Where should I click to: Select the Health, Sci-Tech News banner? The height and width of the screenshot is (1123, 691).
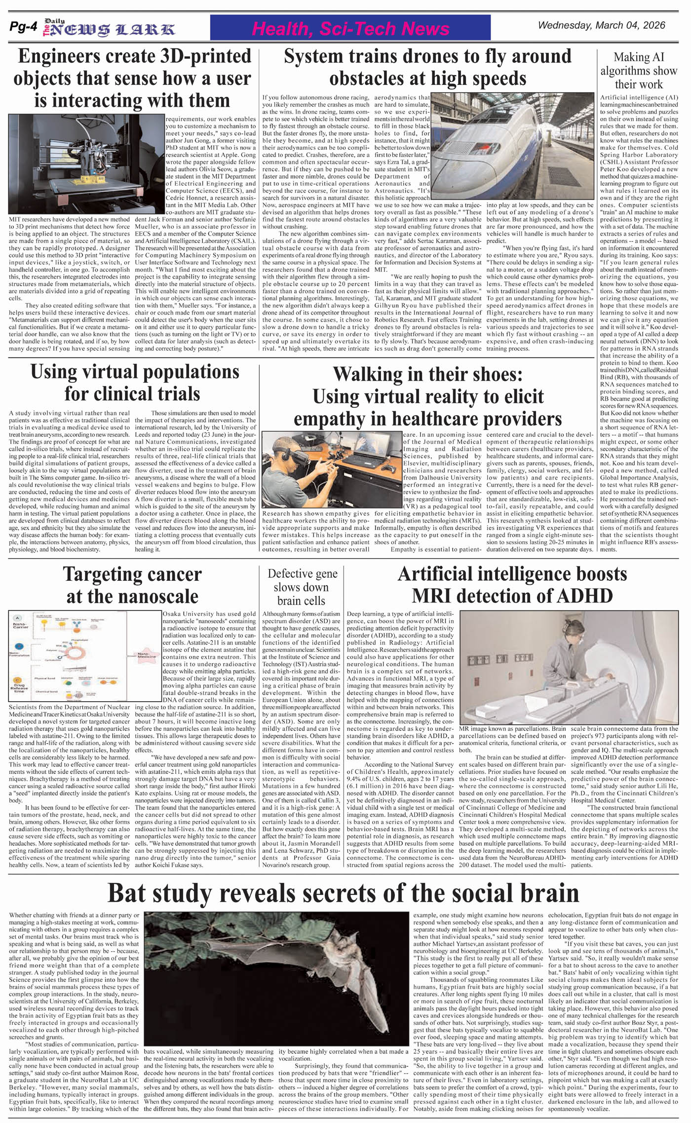tap(350, 29)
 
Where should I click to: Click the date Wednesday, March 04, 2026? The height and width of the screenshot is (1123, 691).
tap(601, 25)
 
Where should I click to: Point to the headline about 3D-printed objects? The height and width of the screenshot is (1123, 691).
tap(132, 78)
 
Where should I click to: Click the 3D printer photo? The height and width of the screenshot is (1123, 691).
tap(86, 164)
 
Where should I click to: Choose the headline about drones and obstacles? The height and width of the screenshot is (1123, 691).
tap(427, 67)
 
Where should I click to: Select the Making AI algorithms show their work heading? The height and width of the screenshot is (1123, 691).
tap(639, 71)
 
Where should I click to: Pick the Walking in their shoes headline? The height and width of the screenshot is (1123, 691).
tap(427, 396)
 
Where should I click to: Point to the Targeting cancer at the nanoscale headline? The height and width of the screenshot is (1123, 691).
tap(132, 585)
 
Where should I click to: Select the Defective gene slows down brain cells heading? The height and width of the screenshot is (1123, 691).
tap(302, 587)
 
